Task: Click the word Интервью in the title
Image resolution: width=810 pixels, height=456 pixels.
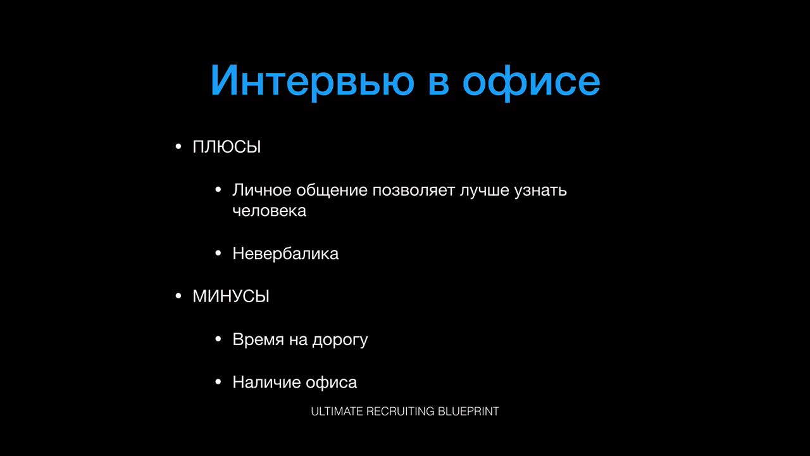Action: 313,80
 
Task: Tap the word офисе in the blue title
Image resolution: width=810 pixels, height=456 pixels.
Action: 531,82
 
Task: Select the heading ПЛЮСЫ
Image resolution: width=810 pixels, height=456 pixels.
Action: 227,146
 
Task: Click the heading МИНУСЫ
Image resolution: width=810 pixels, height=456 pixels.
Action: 231,296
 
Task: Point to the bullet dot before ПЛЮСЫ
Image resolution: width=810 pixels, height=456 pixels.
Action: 178,146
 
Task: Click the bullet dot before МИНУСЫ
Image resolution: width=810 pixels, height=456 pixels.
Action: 178,296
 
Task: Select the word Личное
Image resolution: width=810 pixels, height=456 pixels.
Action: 262,190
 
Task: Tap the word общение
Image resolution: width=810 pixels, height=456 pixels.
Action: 332,191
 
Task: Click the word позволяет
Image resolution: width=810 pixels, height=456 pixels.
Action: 414,191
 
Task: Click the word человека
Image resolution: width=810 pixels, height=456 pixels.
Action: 270,211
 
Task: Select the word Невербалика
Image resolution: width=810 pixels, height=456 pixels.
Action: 285,253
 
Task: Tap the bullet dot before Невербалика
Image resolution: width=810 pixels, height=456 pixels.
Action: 218,253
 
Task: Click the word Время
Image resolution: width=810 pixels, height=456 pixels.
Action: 258,339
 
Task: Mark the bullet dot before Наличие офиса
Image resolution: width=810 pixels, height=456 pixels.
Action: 218,382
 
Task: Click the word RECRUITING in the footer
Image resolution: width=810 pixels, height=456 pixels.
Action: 401,412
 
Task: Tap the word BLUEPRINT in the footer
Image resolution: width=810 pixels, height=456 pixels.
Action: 468,412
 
